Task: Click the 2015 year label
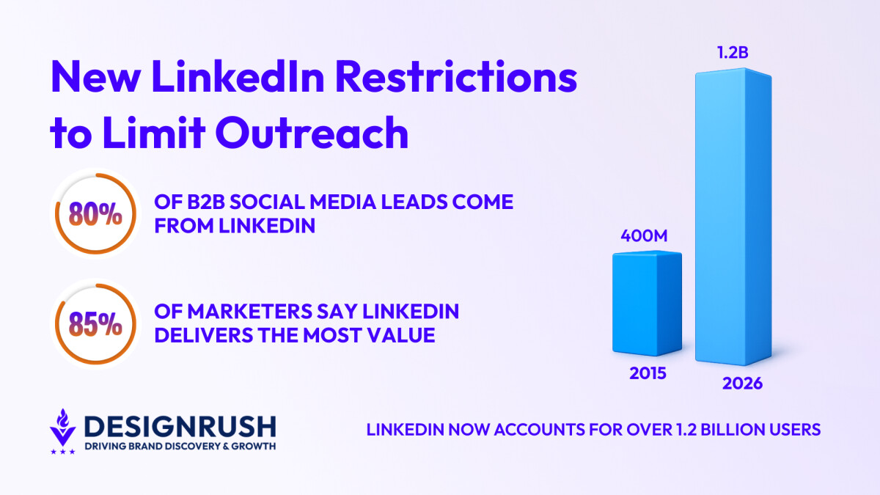point(648,373)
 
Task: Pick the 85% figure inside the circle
point(95,325)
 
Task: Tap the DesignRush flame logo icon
point(62,430)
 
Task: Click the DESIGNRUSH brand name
point(180,426)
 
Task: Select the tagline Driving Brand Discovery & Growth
point(180,447)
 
